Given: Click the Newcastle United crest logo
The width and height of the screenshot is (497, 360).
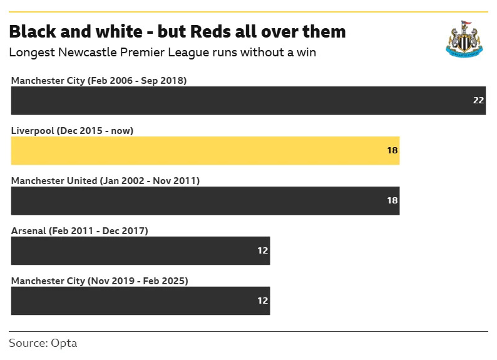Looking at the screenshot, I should (464, 39).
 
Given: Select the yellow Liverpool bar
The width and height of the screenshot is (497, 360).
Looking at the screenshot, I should (205, 151).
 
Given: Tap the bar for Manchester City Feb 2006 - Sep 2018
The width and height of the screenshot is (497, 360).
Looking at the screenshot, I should (248, 101).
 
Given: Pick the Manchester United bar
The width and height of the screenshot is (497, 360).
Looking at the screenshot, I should (205, 201).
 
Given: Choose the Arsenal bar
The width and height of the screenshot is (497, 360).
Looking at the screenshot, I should (140, 251).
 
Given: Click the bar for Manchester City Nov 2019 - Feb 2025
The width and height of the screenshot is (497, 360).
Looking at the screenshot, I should (140, 301).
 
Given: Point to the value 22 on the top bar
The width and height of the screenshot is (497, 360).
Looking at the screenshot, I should (478, 101).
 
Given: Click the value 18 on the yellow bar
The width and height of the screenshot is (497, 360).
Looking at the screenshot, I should (392, 151).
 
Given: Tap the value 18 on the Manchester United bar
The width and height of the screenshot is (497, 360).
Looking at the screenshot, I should (392, 201).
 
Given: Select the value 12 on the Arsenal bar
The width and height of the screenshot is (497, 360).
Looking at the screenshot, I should (262, 251).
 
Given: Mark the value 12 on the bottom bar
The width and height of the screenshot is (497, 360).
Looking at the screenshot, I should (262, 301).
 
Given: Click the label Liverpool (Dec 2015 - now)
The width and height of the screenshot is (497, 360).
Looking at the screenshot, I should (73, 131).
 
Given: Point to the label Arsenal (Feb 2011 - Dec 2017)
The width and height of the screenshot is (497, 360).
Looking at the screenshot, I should (79, 231).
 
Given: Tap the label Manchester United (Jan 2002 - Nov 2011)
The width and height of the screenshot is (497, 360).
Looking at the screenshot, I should (105, 181).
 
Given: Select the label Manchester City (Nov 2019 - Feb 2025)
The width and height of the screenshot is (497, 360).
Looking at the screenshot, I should (100, 281).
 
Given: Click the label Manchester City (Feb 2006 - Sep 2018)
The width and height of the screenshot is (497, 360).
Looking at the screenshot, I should (99, 81).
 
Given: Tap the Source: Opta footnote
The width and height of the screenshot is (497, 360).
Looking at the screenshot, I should (43, 343).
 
